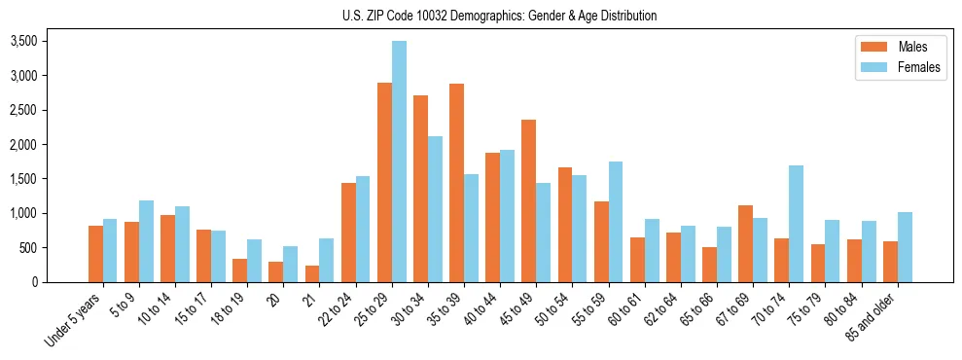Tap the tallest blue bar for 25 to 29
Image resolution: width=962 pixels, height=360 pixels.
pyautogui.click(x=399, y=162)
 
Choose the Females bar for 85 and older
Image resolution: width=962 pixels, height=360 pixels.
pyautogui.click(x=905, y=247)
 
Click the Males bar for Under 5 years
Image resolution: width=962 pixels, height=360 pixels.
pyautogui.click(x=95, y=254)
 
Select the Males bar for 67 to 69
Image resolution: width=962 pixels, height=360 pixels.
pyautogui.click(x=745, y=243)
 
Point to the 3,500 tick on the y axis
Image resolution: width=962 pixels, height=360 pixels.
pyautogui.click(x=23, y=41)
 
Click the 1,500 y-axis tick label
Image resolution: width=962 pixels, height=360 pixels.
pyautogui.click(x=23, y=179)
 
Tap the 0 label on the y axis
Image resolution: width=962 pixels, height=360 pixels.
pyautogui.click(x=35, y=282)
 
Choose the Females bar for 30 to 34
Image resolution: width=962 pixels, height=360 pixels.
pyautogui.click(x=435, y=209)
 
